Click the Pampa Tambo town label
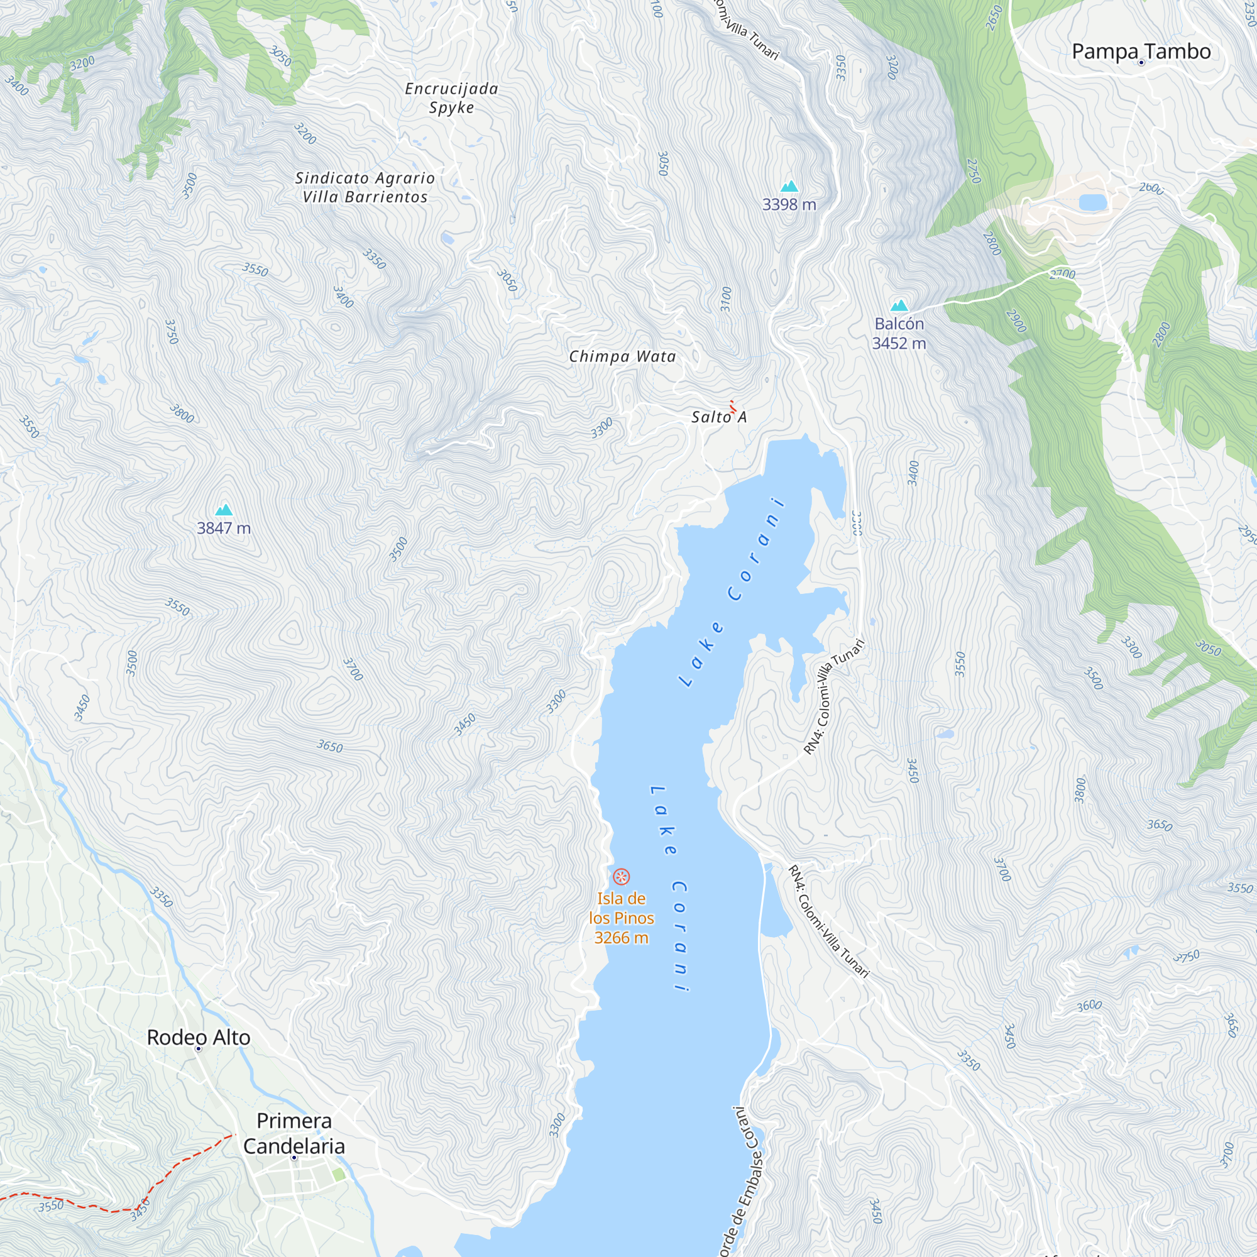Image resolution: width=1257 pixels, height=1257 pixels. (x=1141, y=51)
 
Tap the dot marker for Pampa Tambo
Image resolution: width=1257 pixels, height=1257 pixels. (x=1141, y=63)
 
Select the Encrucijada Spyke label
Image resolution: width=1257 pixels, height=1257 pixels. (x=451, y=97)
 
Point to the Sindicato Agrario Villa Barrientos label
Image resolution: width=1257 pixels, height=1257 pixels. (x=365, y=187)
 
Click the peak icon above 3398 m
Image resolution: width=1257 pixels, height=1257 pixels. (x=789, y=187)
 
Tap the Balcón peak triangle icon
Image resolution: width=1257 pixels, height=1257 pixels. (x=899, y=305)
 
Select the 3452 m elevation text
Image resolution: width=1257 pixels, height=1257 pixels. (x=899, y=344)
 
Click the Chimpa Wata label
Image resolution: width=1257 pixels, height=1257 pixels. (x=622, y=356)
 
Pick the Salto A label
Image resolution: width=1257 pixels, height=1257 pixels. (x=718, y=417)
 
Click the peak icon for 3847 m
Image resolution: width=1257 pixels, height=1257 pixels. (x=224, y=510)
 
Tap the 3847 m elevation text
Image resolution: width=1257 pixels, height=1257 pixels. (x=224, y=529)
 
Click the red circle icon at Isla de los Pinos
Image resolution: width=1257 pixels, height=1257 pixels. (x=622, y=877)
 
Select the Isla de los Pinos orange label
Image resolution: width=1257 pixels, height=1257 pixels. (x=622, y=908)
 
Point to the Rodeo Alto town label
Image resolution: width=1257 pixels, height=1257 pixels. (x=199, y=1037)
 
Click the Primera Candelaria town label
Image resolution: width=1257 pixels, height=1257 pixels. (x=294, y=1133)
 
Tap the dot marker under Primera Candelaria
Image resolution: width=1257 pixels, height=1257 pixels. (x=294, y=1158)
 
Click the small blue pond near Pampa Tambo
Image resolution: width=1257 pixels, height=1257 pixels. (x=1093, y=202)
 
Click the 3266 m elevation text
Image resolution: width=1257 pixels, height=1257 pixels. (x=622, y=938)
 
